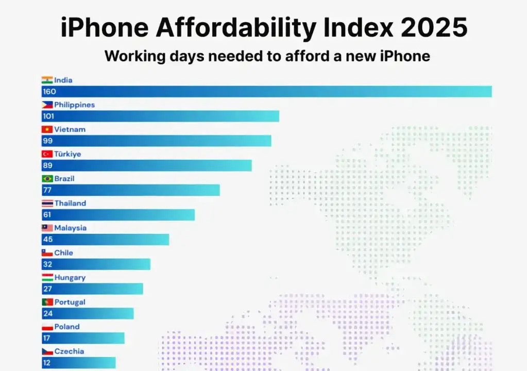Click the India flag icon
tap(47, 80)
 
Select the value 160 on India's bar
tap(49, 92)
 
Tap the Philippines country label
tap(75, 105)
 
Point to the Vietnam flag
tap(47, 129)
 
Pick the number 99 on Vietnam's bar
tap(47, 141)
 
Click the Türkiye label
tap(67, 154)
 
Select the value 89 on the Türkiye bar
tap(47, 166)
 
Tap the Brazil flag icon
tap(47, 179)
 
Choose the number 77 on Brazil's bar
tap(47, 191)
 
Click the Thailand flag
tap(47, 204)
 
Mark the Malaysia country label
tap(71, 228)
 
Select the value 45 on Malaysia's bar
tap(47, 240)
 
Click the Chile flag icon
tap(47, 252)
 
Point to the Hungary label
tap(70, 277)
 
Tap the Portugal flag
tap(47, 302)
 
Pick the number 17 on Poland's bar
tap(47, 339)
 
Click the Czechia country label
tap(69, 351)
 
